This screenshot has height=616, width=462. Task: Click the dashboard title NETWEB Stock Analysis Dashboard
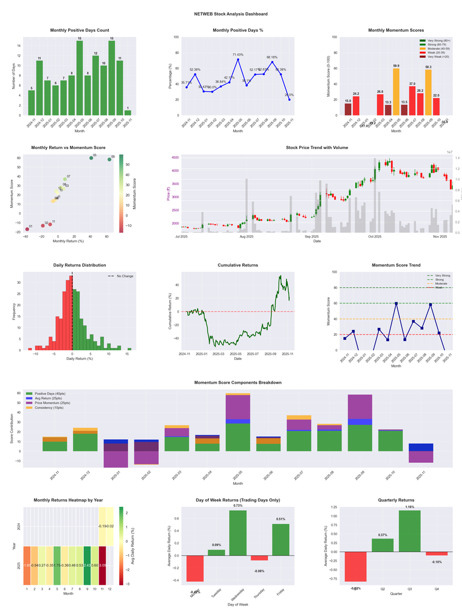pyautogui.click(x=231, y=14)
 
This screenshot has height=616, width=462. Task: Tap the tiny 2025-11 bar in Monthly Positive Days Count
pyautogui.click(x=128, y=113)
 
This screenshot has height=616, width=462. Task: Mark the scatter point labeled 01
pyautogui.click(x=27, y=229)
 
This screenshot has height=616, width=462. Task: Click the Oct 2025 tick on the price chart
pyautogui.click(x=375, y=236)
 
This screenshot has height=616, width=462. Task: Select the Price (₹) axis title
pyautogui.click(x=168, y=194)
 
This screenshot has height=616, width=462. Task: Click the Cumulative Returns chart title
pyautogui.click(x=238, y=265)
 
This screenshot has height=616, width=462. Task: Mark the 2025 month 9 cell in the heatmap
pyautogui.click(x=87, y=565)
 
